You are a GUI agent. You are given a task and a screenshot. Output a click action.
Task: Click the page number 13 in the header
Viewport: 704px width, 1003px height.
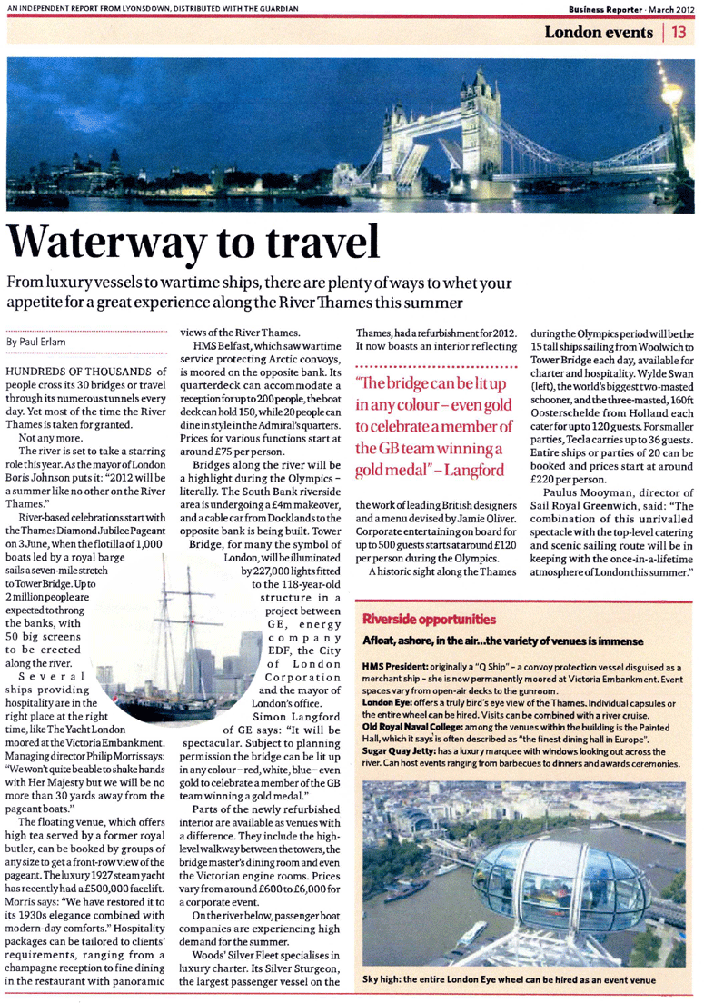click(x=682, y=34)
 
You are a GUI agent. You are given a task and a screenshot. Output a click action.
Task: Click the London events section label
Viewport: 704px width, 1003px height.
click(x=599, y=34)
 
